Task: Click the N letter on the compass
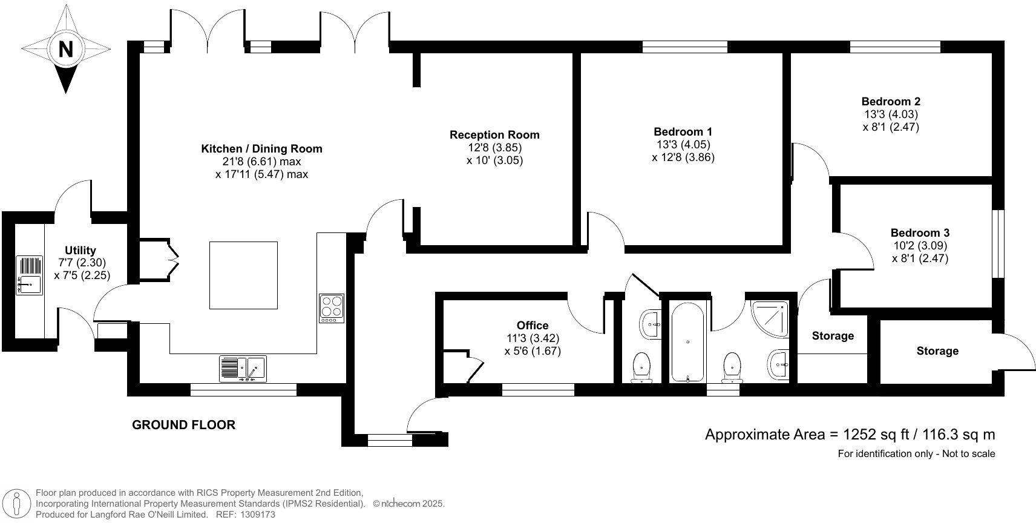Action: (66, 48)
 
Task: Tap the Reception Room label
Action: (494, 135)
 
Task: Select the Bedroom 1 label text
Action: (683, 131)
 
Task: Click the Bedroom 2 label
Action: (891, 101)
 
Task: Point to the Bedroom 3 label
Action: (920, 232)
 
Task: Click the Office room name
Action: (533, 326)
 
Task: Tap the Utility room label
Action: (80, 250)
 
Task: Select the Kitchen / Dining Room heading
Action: (261, 148)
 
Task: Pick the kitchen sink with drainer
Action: (243, 368)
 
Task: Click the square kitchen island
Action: (243, 275)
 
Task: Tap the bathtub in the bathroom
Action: (687, 342)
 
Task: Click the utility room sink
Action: (29, 276)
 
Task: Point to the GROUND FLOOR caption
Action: (183, 425)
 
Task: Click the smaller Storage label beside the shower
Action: (833, 336)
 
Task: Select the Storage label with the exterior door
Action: (937, 351)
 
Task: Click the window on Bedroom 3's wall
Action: (1000, 244)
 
